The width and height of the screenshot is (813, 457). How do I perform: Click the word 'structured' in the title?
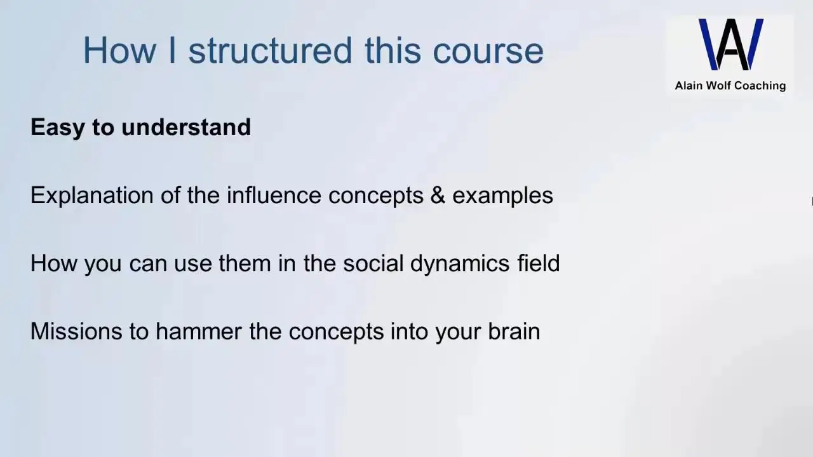coord(271,50)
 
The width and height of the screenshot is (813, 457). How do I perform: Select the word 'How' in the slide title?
coord(120,50)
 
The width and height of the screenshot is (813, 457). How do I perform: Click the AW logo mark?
coord(731,44)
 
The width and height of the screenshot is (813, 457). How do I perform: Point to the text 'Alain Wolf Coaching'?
coord(730,86)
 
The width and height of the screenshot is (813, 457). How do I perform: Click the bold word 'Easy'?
coord(57,128)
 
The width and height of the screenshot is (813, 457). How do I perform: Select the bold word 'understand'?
coord(186,127)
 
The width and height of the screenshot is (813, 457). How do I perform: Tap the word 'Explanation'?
coord(92,196)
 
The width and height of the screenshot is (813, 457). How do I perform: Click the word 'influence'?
coord(274,195)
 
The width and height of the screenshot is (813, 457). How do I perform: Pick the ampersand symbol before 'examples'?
coord(438,195)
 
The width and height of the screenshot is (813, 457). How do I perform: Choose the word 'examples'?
coord(502,196)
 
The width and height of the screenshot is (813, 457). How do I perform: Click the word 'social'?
coord(373,263)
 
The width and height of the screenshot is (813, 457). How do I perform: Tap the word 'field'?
coord(539,263)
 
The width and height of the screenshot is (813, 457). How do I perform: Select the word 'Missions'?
coord(76,331)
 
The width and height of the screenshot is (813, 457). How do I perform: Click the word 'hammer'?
coord(199,331)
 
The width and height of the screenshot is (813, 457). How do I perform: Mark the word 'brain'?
coord(514,331)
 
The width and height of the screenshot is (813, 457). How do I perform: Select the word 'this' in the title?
coord(393,50)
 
